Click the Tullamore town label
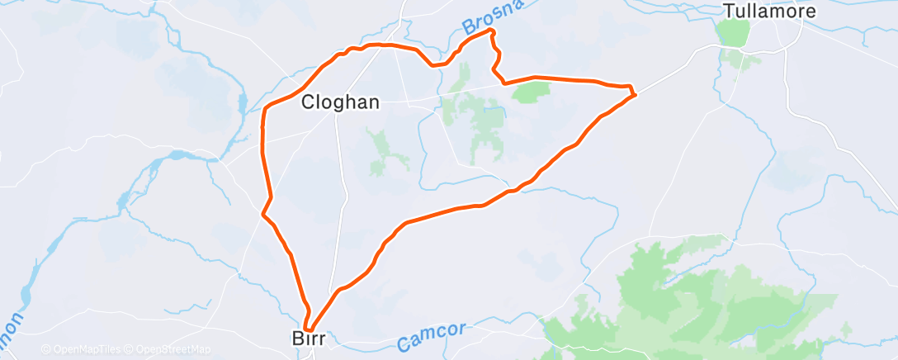[x=769, y=12]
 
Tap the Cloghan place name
[x=340, y=102]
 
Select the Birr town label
[x=310, y=339]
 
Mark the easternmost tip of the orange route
[x=635, y=95]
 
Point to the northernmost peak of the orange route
[x=493, y=31]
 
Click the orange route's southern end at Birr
[x=306, y=329]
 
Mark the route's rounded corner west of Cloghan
[x=264, y=111]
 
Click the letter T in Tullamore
[x=729, y=12]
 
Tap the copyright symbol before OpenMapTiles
[x=45, y=349]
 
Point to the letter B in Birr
[x=298, y=339]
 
